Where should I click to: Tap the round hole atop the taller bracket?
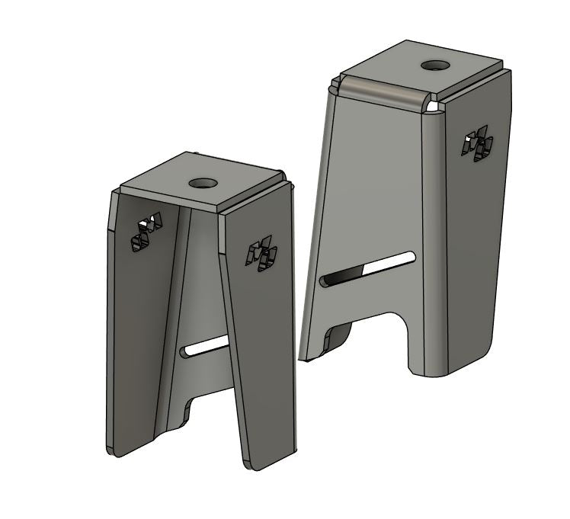pos(435,66)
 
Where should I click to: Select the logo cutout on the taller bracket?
pos(477,144)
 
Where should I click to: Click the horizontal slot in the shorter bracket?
pos(206,347)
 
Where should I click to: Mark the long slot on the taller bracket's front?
pos(367,269)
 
